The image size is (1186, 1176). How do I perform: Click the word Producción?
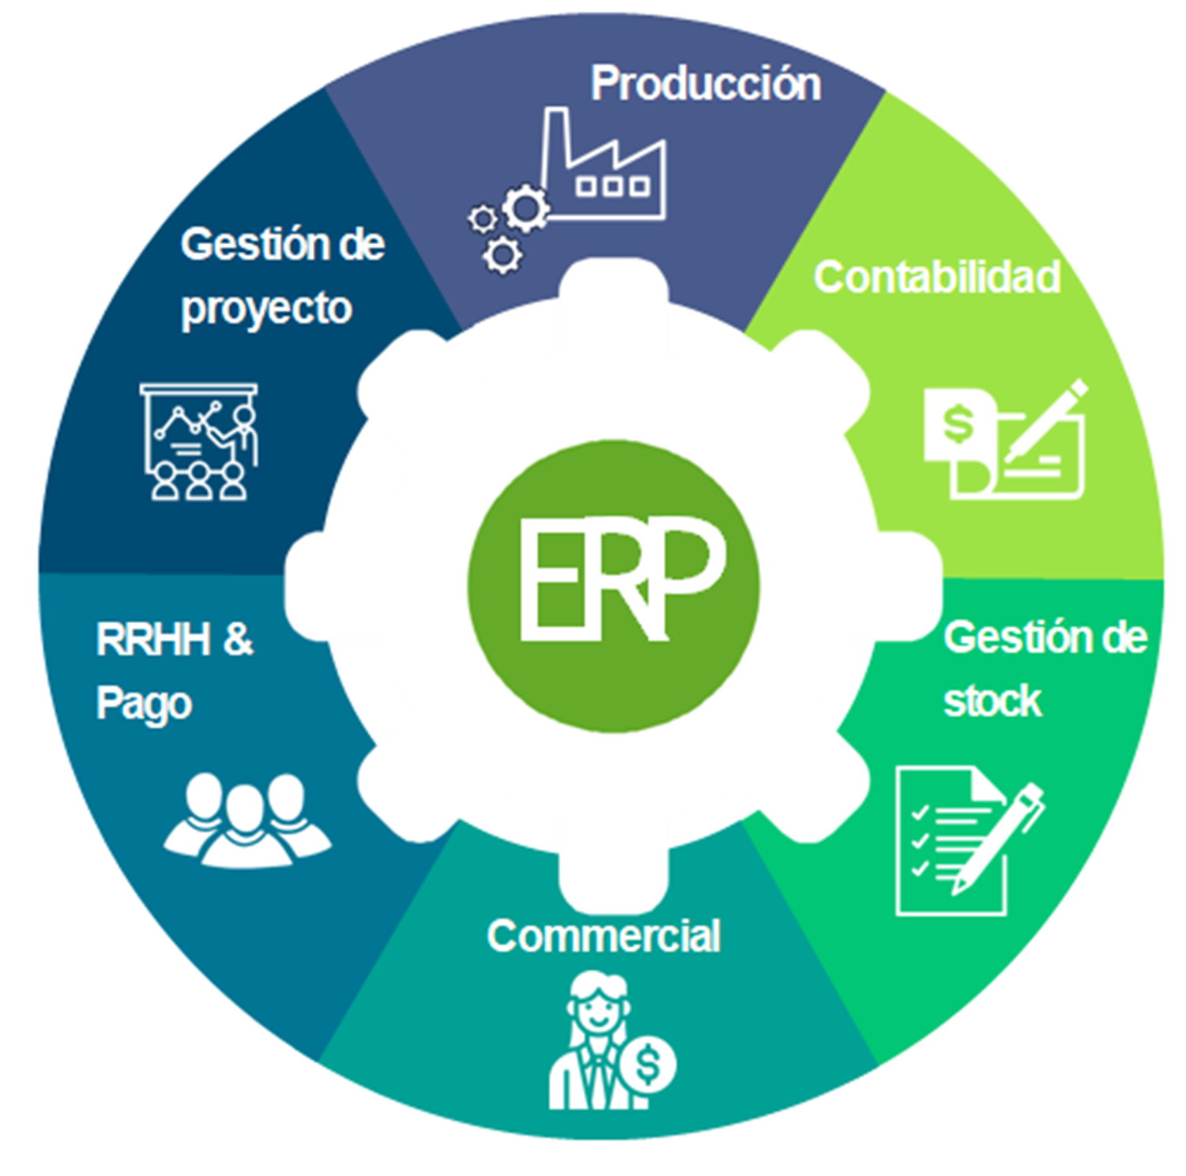[706, 84]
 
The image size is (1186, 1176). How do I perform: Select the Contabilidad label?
[936, 277]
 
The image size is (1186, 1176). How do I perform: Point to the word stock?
[992, 701]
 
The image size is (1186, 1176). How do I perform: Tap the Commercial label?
[604, 937]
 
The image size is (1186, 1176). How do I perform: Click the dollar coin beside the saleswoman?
[648, 1065]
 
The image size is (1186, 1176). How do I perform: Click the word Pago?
[144, 704]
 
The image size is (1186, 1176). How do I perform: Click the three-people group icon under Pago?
[246, 818]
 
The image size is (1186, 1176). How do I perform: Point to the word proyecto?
[266, 309]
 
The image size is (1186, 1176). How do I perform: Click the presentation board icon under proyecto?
[199, 441]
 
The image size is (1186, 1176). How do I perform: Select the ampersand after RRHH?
[238, 640]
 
